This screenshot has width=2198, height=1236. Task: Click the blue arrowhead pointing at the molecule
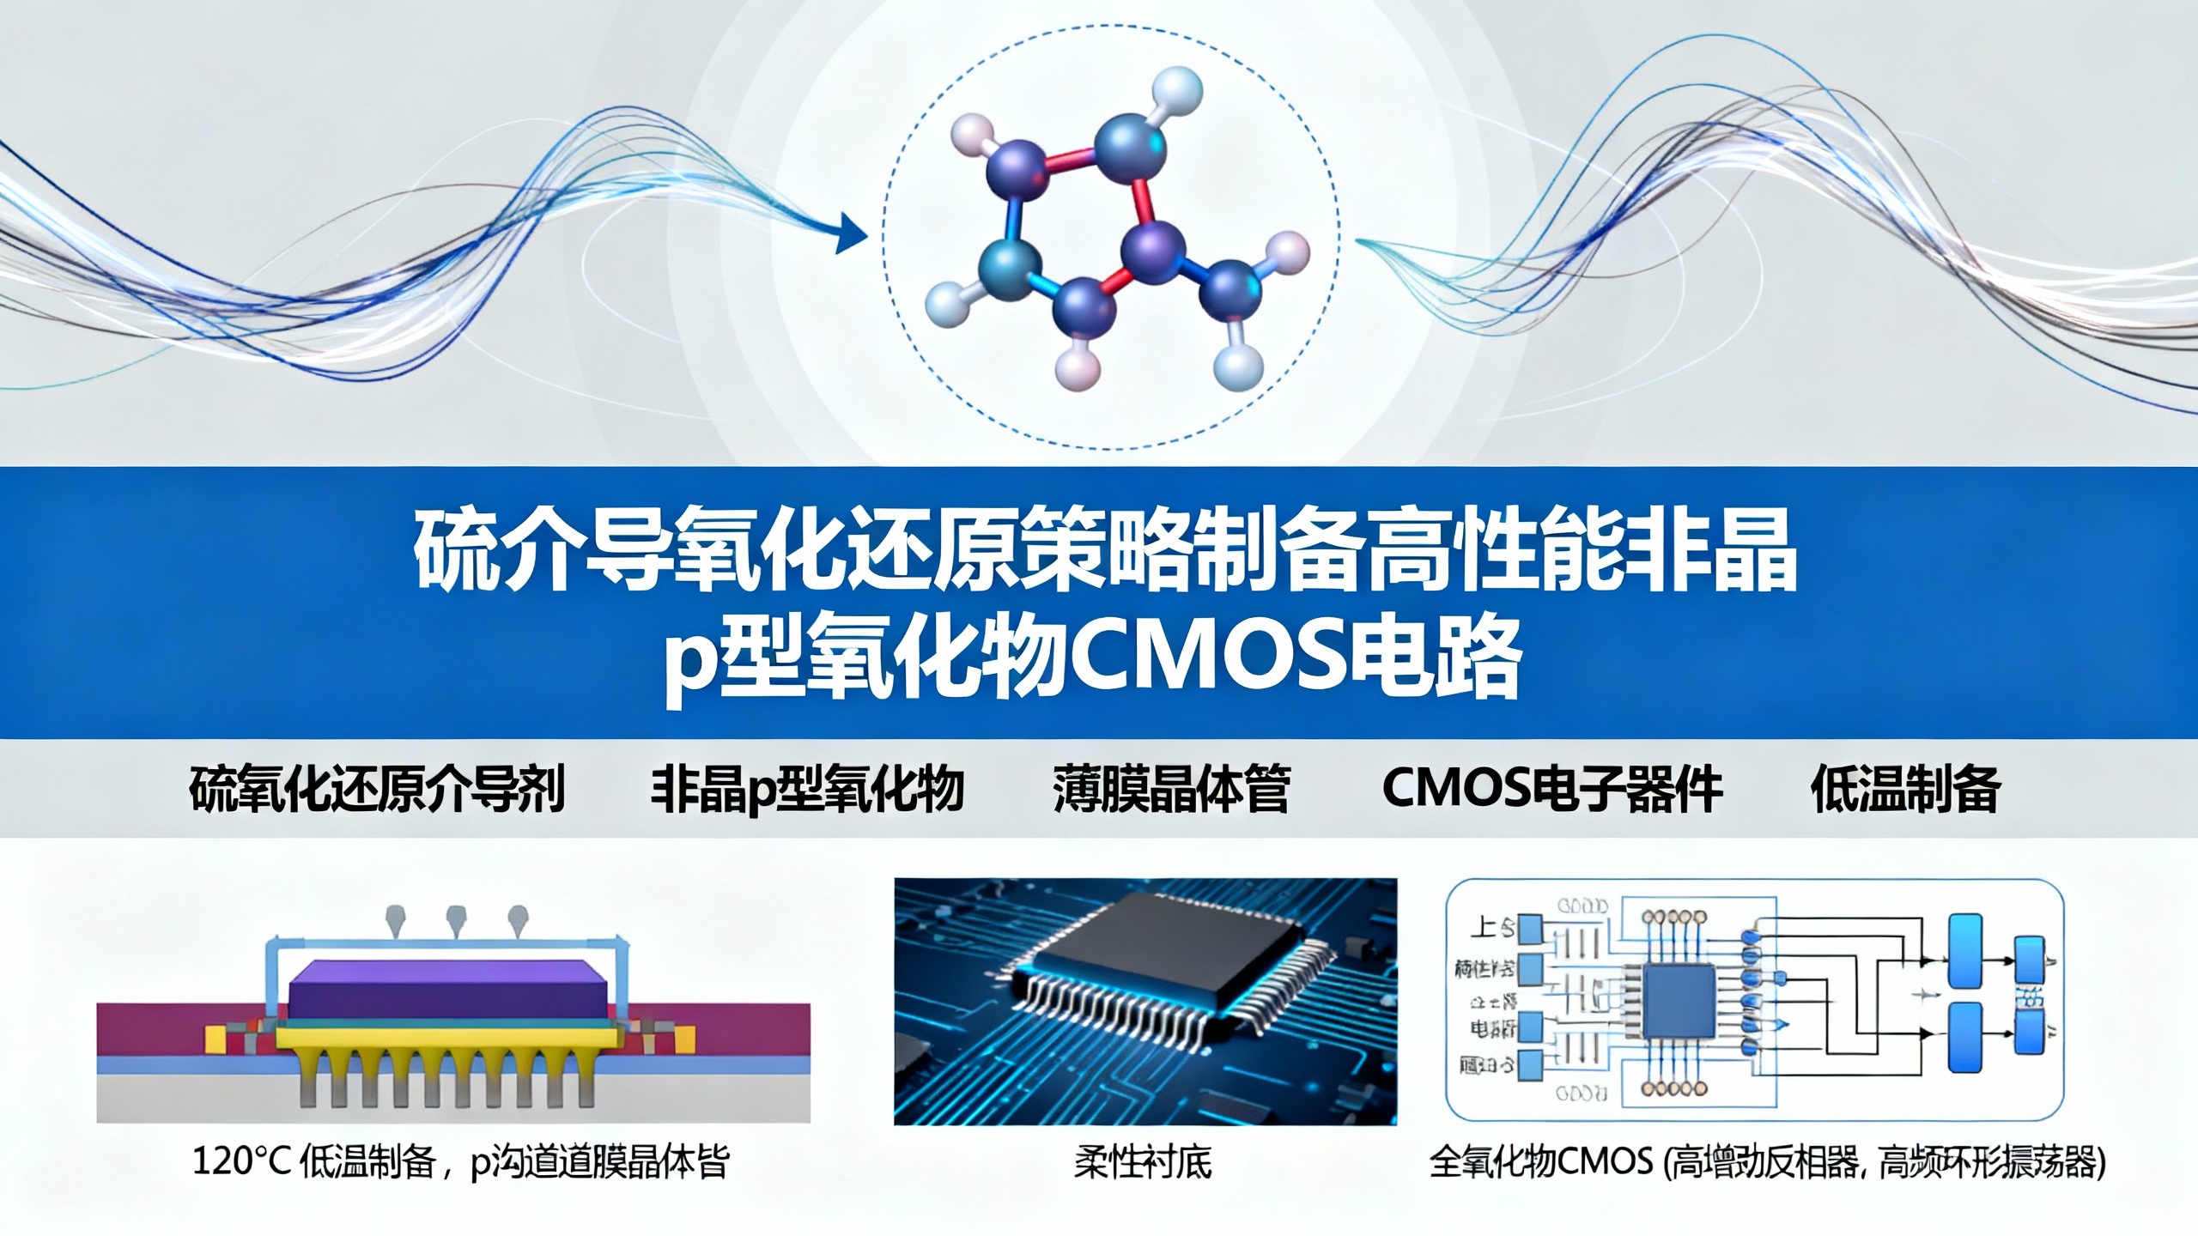pyautogui.click(x=851, y=232)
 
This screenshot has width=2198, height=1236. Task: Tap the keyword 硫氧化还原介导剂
pyautogui.click(x=377, y=788)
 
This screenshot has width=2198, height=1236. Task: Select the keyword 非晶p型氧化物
pyautogui.click(x=807, y=788)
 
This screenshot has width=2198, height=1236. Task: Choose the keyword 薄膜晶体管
pyautogui.click(x=1171, y=788)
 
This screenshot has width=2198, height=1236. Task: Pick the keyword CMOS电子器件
pyautogui.click(x=1552, y=788)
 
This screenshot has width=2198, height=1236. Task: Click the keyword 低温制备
pyautogui.click(x=1905, y=788)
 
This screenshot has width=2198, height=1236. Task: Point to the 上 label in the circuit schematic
pyautogui.click(x=1483, y=928)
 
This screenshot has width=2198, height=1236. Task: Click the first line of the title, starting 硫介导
pyautogui.click(x=1104, y=550)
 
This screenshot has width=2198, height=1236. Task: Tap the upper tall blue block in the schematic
pyautogui.click(x=1965, y=950)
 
